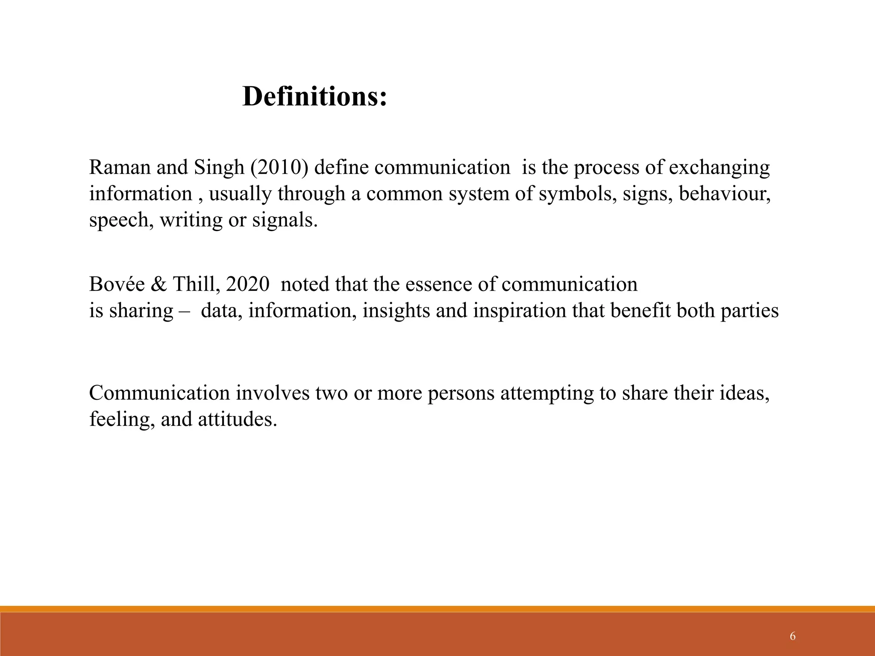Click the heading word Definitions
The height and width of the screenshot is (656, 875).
(314, 97)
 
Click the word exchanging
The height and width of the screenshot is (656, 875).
(719, 168)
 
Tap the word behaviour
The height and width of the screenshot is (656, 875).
(725, 193)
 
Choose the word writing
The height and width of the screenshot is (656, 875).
(191, 220)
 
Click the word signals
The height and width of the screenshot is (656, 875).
(285, 220)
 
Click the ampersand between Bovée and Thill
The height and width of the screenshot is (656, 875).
(159, 284)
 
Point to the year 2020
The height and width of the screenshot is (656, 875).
(248, 284)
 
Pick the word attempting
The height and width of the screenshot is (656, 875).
(547, 393)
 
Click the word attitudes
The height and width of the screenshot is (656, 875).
(238, 419)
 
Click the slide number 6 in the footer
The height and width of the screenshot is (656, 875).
(793, 637)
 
